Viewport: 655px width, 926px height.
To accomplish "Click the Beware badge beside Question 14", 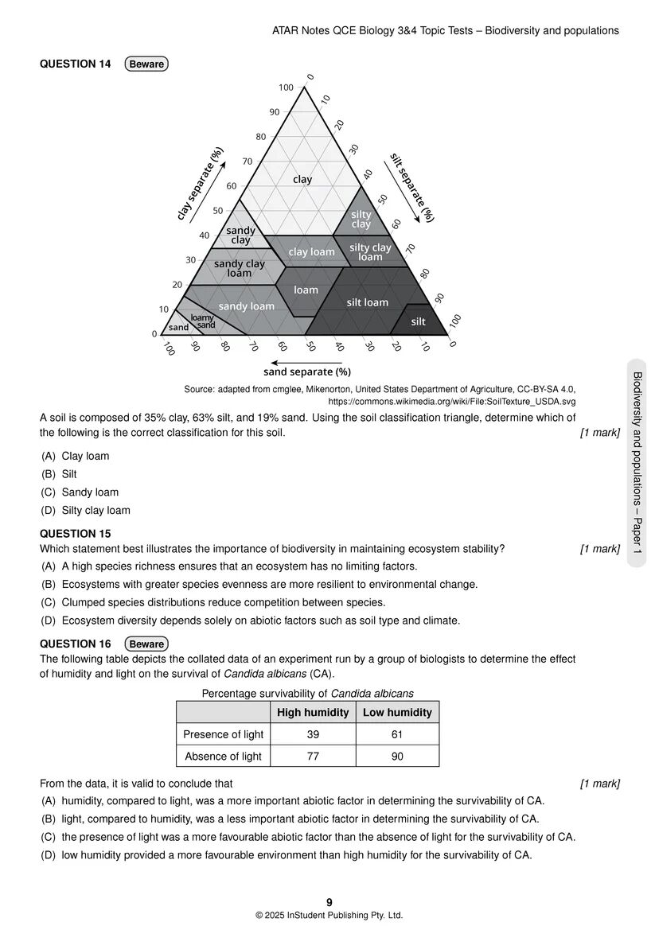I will [x=146, y=64].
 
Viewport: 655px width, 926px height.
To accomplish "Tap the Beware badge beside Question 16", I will [x=146, y=644].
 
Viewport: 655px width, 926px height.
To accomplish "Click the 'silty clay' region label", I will [x=361, y=220].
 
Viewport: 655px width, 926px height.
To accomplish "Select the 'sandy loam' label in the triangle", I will [x=247, y=306].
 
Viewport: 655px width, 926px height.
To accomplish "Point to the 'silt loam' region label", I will [x=368, y=302].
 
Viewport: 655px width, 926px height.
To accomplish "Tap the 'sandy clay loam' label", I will [x=240, y=268].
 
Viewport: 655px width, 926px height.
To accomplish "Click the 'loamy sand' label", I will [x=203, y=321].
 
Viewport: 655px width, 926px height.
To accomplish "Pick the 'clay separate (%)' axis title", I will [x=200, y=184].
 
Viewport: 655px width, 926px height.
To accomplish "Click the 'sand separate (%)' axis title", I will [x=307, y=372].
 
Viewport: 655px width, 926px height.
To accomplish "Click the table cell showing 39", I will [x=313, y=734].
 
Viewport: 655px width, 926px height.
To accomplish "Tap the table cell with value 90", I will [x=397, y=756].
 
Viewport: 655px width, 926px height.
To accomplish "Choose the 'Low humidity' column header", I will [x=397, y=712].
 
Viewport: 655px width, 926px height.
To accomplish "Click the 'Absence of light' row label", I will [x=223, y=756].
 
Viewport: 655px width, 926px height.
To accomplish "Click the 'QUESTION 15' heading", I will [x=76, y=533].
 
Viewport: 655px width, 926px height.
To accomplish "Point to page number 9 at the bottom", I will [x=329, y=901].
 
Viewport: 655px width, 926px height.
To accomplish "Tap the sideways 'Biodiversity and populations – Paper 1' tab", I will [x=637, y=463].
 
